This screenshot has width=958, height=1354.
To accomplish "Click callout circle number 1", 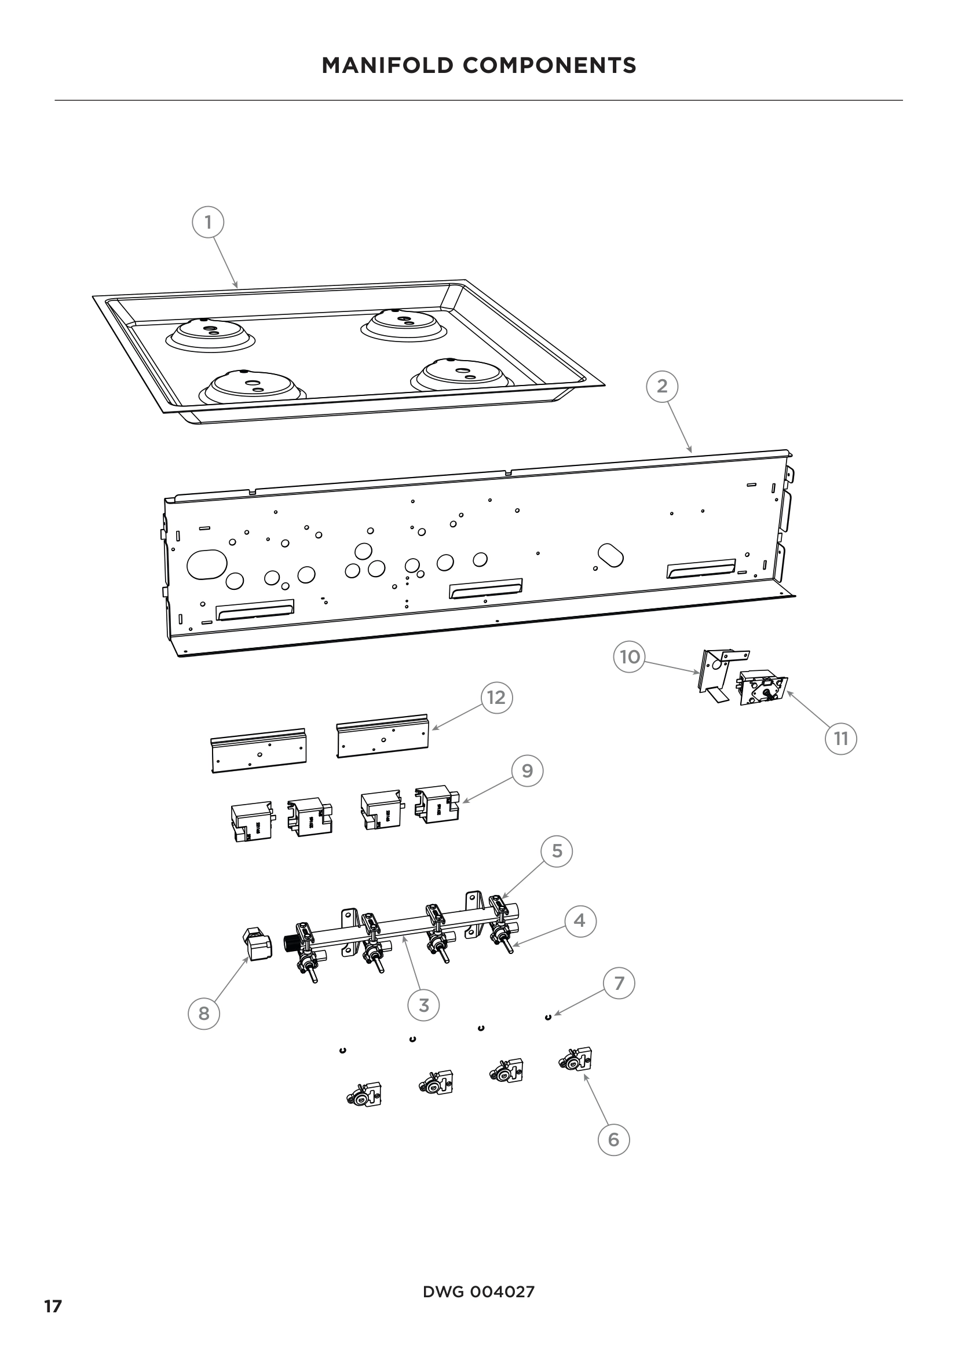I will (x=208, y=222).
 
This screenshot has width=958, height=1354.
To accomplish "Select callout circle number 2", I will (x=662, y=386).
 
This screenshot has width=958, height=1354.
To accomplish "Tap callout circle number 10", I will (x=630, y=656).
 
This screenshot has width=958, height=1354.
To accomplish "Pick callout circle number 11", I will (x=840, y=738).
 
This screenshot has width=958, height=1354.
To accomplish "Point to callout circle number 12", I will (x=496, y=698).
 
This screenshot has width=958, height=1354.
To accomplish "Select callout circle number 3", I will (x=423, y=1005).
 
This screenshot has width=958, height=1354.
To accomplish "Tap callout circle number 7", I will (x=619, y=983).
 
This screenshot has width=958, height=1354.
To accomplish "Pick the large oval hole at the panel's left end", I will (x=207, y=564).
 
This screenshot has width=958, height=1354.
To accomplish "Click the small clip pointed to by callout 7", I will (x=548, y=1017).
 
